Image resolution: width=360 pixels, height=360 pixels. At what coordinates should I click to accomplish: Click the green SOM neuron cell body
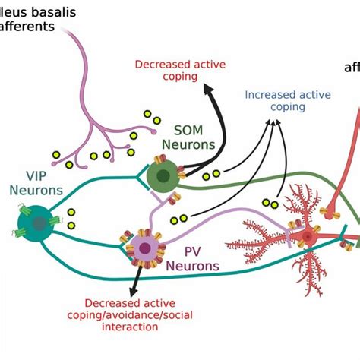coord(160,178)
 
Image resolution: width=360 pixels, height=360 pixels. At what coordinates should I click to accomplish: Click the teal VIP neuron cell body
coord(37,223)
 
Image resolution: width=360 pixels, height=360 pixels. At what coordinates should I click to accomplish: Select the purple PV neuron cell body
coord(144,247)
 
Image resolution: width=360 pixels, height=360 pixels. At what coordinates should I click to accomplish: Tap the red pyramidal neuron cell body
coord(307,238)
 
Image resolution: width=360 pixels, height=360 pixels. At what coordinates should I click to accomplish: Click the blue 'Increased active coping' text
coord(276,100)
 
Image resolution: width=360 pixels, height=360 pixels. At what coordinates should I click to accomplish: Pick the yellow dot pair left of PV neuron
coord(178,219)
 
